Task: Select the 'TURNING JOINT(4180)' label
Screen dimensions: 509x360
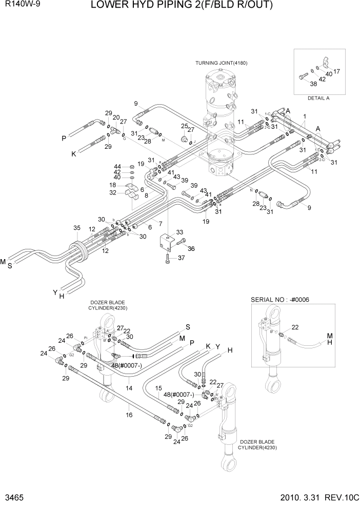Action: click(x=221, y=63)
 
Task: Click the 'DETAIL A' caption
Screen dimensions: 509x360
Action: click(x=318, y=97)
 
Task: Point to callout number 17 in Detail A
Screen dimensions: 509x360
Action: click(x=336, y=71)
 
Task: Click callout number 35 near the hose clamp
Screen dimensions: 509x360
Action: click(x=77, y=228)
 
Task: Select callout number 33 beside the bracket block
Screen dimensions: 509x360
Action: click(x=179, y=232)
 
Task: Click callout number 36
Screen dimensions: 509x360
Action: click(x=191, y=248)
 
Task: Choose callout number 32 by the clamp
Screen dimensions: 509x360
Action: click(x=113, y=192)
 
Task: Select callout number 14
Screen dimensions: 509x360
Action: click(x=129, y=388)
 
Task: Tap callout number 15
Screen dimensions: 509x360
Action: click(x=158, y=388)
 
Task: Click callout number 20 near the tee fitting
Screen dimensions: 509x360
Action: click(x=116, y=118)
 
